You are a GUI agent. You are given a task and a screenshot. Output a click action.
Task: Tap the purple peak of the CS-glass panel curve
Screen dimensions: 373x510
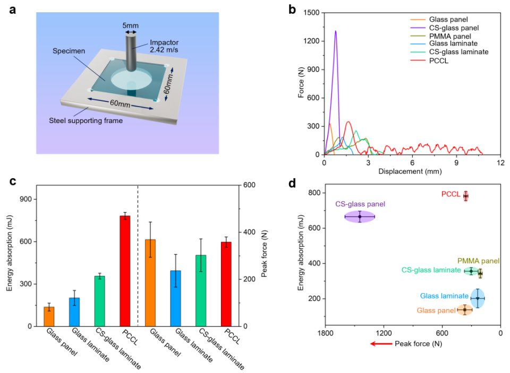coord(336,31)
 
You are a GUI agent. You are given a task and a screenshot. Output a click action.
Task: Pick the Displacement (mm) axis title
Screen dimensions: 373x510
coord(412,172)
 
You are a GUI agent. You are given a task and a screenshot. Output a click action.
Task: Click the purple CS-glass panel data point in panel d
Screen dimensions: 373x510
coord(360,216)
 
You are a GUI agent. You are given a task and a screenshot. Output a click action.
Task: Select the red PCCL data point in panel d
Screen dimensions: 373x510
coord(466,196)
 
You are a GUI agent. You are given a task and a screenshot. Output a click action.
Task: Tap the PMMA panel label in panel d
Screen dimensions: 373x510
coord(478,261)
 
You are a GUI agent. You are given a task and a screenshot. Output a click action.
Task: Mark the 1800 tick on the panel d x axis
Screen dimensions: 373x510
coord(325,333)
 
